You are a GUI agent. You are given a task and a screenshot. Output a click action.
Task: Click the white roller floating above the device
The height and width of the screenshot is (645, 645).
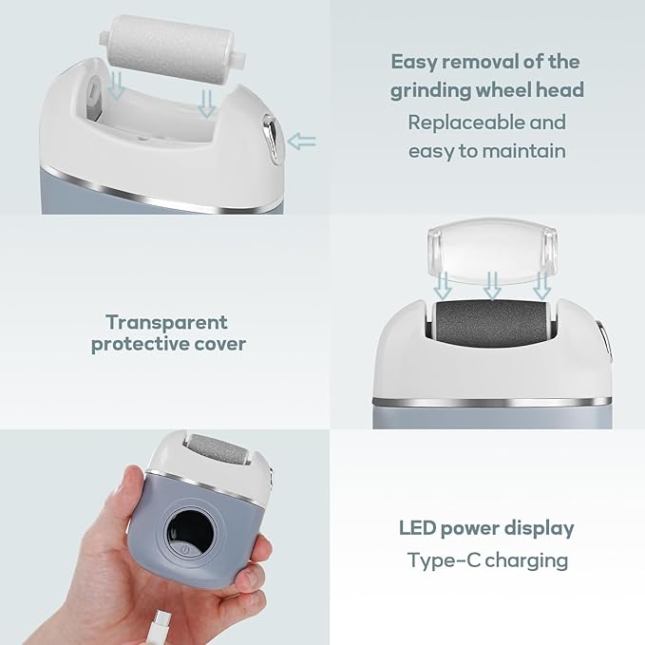[173, 48]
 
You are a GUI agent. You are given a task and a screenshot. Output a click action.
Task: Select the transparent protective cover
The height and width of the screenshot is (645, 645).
[492, 251]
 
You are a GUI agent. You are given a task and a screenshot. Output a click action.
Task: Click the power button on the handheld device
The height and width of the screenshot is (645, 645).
[185, 549]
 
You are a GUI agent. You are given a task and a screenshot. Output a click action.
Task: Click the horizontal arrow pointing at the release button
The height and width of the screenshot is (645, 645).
[301, 142]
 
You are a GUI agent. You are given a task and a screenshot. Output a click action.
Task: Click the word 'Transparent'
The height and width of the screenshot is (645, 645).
[166, 322]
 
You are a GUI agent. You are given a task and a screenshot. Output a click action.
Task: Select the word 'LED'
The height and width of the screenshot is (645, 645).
[417, 528]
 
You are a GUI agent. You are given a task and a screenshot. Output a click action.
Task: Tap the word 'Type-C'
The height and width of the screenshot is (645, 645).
[444, 560]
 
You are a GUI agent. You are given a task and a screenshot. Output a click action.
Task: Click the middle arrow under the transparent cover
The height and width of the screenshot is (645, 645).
[492, 286]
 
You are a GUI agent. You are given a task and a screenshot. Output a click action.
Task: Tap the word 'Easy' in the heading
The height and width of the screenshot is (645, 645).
[413, 63]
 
